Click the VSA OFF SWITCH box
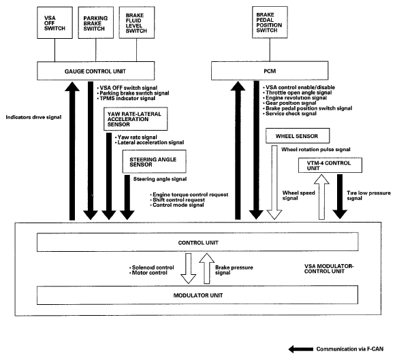(x=54, y=22)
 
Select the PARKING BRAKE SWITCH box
(x=96, y=22)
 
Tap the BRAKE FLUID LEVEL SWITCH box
(x=137, y=22)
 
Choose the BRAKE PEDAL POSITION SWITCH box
(x=270, y=22)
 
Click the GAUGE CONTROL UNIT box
(x=96, y=71)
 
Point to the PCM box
(x=270, y=71)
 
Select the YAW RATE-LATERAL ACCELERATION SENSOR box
(x=136, y=119)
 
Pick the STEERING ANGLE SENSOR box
(x=154, y=162)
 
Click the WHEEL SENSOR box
(x=298, y=136)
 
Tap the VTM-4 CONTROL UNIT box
(x=330, y=165)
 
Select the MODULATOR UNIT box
(x=197, y=295)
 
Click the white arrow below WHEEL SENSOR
(x=274, y=182)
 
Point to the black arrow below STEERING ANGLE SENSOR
(x=127, y=197)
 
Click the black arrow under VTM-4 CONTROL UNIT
(x=340, y=197)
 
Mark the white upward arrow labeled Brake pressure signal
(x=207, y=268)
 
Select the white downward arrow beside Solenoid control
(x=188, y=268)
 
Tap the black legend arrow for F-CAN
(x=301, y=349)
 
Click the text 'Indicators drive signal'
(x=33, y=117)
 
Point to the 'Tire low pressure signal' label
(x=368, y=195)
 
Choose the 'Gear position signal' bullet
(x=289, y=103)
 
